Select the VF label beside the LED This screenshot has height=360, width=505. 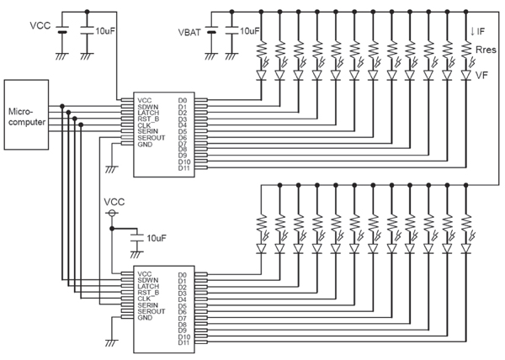click(483, 75)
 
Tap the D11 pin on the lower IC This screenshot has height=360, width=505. click(183, 343)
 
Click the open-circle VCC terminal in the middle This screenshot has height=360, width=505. click(111, 214)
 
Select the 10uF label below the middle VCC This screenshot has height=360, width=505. click(157, 239)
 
